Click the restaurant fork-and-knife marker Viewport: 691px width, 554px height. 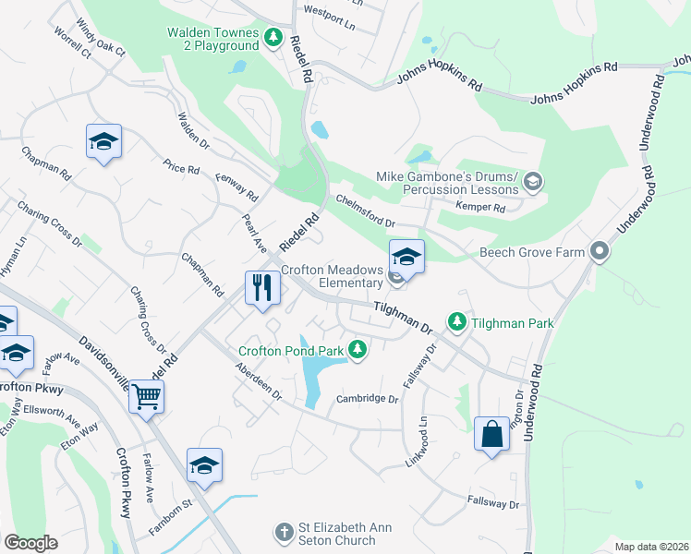click(262, 287)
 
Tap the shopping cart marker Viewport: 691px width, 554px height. click(147, 397)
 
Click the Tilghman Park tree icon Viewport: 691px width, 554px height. click(456, 321)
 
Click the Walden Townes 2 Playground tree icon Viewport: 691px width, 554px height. click(273, 38)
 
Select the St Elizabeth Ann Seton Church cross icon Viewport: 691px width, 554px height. click(284, 533)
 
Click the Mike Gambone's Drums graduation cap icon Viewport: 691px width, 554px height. click(532, 182)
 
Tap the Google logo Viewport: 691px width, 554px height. click(30, 543)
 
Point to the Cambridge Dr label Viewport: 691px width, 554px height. click(367, 399)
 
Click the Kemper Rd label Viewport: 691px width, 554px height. click(485, 209)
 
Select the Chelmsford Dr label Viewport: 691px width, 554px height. click(365, 211)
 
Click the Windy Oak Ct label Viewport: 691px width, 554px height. click(101, 36)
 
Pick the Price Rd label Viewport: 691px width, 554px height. click(182, 169)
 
